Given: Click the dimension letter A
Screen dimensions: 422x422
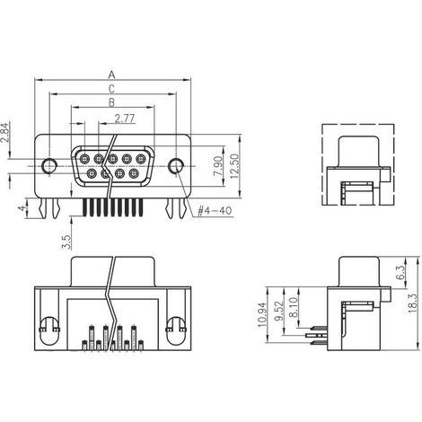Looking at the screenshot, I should tap(111, 75).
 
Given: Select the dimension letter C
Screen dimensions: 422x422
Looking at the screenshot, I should tap(111, 90).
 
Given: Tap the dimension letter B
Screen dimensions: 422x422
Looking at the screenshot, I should tap(111, 105).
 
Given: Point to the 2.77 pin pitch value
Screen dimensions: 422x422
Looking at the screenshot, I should tap(126, 119).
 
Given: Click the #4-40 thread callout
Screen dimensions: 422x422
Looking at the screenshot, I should tap(211, 212).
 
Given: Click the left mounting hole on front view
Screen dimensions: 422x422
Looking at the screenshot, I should tap(50, 165).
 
